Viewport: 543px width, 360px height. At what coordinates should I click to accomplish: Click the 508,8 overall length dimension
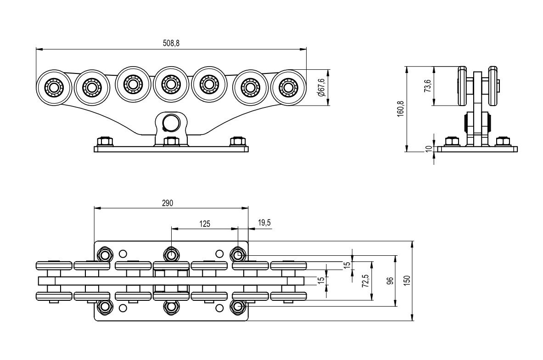pos(171,43)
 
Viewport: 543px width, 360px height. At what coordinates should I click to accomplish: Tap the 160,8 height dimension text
pos(401,109)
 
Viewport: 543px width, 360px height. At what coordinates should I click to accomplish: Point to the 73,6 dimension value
pos(428,86)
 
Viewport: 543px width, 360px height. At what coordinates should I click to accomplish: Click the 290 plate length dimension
pos(167,203)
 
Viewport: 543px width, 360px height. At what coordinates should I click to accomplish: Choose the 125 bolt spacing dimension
pos(205,224)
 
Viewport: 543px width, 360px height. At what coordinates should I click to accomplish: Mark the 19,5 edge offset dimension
pos(264,223)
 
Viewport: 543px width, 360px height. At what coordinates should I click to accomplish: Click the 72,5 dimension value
pos(364,281)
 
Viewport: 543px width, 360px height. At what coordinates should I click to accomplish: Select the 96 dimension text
pos(390,281)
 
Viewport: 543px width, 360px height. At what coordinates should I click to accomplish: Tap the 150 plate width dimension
pos(407,281)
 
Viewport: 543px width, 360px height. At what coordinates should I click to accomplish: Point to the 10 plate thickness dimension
pos(429,149)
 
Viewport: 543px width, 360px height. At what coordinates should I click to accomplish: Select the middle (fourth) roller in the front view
pos(170,84)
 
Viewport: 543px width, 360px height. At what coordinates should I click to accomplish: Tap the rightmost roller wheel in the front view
pos(288,87)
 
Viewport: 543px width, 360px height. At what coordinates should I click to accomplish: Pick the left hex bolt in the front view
pos(105,141)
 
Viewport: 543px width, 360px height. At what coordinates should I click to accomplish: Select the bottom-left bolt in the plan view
pos(105,306)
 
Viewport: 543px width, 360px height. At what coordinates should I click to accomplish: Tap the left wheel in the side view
pos(462,86)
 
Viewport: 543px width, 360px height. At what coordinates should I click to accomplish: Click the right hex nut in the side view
pos(503,141)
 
